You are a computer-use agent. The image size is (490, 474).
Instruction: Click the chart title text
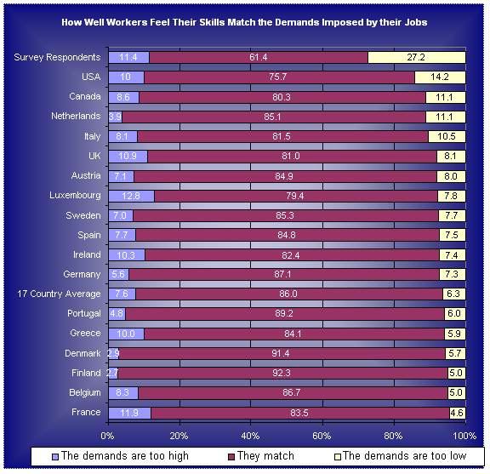click(244, 22)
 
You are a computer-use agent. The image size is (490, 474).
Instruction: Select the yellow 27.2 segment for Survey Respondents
click(417, 58)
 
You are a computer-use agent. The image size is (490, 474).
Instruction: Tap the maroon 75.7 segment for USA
click(279, 77)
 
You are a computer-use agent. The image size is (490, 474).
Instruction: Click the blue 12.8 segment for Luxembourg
click(132, 196)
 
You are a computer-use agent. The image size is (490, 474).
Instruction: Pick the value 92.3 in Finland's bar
click(282, 373)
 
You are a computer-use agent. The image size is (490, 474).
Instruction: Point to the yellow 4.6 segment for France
click(458, 413)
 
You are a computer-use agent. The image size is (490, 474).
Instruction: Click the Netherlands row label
click(76, 116)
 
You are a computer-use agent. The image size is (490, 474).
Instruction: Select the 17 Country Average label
click(59, 294)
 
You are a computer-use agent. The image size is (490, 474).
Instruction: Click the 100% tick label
click(464, 436)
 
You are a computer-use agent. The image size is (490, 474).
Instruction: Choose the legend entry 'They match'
click(261, 456)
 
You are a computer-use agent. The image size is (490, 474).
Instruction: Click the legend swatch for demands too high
click(55, 457)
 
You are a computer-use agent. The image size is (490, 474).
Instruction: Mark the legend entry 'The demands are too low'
click(401, 456)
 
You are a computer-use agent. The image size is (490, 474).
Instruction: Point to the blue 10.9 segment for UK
click(128, 157)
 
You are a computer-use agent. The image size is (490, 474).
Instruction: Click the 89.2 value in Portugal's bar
click(284, 314)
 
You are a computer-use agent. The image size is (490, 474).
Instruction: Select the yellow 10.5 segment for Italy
click(447, 137)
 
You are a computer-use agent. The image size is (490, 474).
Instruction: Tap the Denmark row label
click(83, 353)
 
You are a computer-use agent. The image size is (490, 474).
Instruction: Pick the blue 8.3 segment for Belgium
click(123, 393)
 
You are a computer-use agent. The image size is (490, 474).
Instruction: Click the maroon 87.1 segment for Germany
click(284, 275)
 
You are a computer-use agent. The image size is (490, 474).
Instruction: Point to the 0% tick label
click(107, 436)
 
